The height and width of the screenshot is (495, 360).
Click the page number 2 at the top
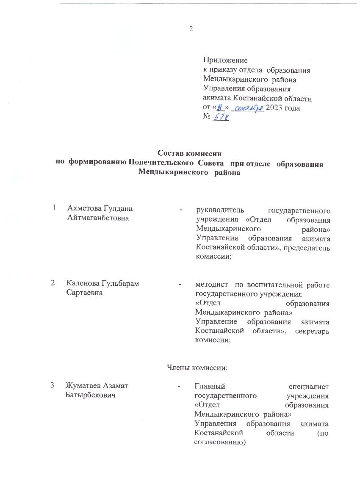[x=191, y=29]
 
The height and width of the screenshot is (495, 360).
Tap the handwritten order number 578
[x=221, y=117]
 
